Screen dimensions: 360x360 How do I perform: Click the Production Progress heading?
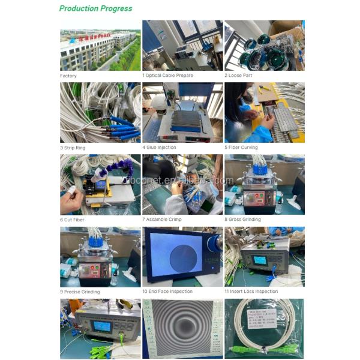(x=95, y=8)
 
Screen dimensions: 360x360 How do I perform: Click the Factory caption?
(x=68, y=76)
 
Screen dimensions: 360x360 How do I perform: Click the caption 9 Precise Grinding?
(x=80, y=292)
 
